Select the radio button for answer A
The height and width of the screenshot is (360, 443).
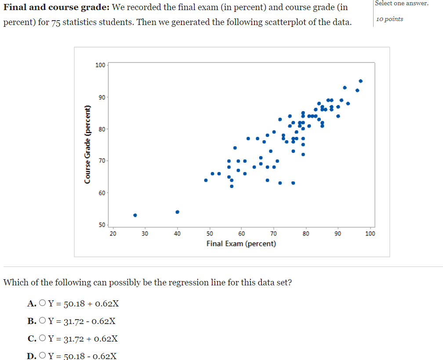pos(42,303)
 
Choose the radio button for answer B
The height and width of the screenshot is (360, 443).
pos(42,320)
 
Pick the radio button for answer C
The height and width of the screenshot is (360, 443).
pos(42,338)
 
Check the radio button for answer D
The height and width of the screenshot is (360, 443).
pos(42,356)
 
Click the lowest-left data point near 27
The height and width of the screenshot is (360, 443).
pos(135,215)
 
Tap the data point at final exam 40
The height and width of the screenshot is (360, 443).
pos(178,212)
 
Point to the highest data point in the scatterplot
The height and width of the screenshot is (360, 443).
pos(360,81)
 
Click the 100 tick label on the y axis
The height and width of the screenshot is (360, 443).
pos(100,65)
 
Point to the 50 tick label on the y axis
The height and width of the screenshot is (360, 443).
pos(102,225)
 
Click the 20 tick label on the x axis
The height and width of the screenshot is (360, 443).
pos(113,234)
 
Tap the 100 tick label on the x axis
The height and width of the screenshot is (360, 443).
pos(370,234)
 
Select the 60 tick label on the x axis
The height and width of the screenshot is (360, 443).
pos(242,234)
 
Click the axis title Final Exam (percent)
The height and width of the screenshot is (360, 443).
pos(241,244)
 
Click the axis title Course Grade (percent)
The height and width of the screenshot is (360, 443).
pos(87,144)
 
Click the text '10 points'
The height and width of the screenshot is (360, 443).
pos(389,19)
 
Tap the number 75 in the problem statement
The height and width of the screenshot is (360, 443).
pos(56,22)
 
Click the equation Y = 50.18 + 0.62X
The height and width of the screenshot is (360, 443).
pos(84,303)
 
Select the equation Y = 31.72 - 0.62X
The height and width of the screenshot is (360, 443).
pos(82,321)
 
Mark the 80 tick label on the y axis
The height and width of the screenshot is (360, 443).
pos(102,129)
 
